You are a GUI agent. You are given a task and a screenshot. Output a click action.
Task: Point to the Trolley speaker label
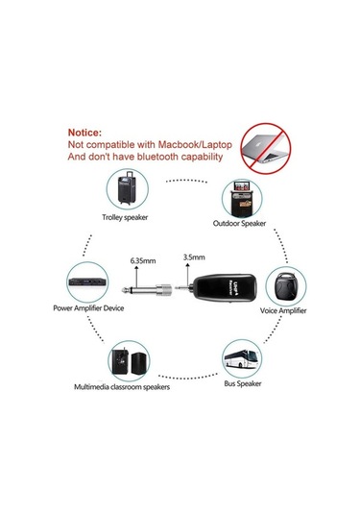point(129,217)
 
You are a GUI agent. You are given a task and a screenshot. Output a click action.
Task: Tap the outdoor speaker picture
point(239,197)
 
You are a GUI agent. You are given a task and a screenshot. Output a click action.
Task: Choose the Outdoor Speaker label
point(240,225)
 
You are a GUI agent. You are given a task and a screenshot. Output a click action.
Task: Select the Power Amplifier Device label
point(88,309)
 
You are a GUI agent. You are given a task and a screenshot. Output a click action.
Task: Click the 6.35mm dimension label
point(139,258)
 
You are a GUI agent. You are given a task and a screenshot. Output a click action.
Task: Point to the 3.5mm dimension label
point(193,257)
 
